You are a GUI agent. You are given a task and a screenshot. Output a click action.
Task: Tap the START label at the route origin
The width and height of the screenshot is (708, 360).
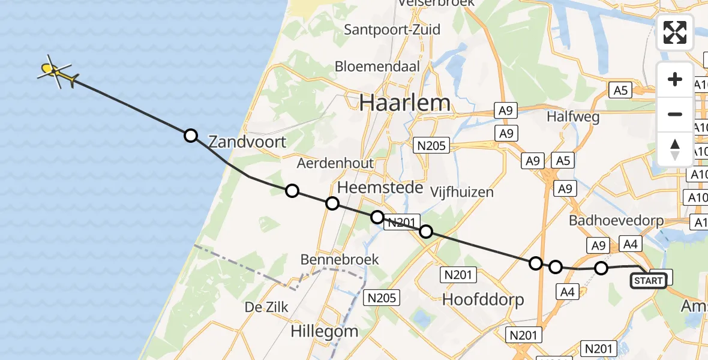(x=648, y=281)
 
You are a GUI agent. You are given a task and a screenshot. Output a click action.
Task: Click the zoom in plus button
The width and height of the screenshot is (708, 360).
(x=675, y=80)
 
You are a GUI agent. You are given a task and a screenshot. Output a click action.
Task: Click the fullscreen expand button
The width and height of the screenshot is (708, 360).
(x=675, y=32)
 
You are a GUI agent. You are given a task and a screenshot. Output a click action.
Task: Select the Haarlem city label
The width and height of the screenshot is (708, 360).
(x=405, y=103)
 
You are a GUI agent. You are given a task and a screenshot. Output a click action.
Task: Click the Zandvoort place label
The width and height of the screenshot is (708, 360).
(x=247, y=142)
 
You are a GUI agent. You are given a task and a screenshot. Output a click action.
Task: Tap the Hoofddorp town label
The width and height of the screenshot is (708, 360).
(x=483, y=299)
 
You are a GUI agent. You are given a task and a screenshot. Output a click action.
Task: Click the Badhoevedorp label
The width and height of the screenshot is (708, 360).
(x=617, y=221)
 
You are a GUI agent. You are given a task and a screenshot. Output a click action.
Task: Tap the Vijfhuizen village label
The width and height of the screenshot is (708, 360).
(x=462, y=192)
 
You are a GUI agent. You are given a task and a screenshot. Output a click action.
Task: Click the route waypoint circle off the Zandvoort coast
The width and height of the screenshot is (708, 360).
(x=191, y=136)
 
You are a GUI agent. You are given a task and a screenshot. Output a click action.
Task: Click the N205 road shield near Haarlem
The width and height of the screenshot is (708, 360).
(x=433, y=145)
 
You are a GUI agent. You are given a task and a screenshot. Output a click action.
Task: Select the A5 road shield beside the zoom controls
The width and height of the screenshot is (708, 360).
(x=620, y=91)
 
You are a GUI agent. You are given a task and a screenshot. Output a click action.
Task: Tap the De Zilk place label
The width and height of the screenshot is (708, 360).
(x=266, y=307)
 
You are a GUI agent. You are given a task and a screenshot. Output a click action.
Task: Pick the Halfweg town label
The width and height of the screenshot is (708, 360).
(x=573, y=117)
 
